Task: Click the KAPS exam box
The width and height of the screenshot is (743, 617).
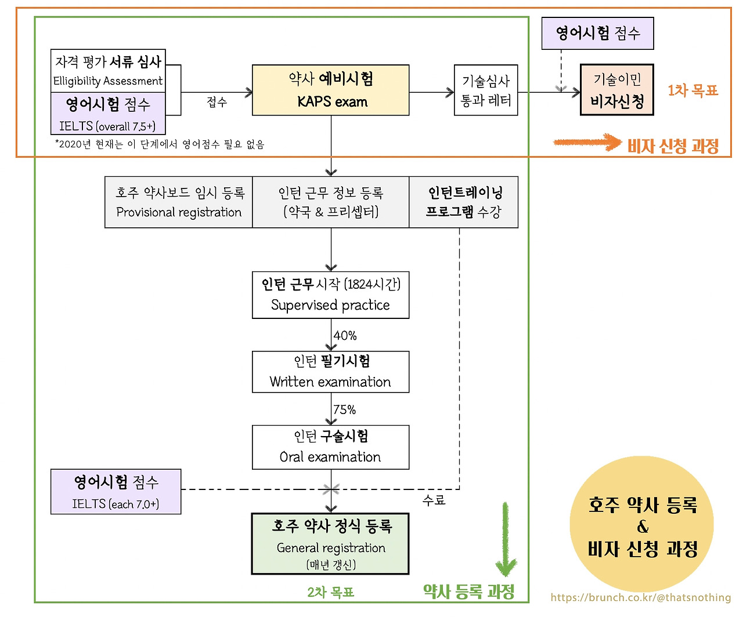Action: click(330, 90)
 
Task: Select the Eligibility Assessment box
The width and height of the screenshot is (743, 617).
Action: click(108, 70)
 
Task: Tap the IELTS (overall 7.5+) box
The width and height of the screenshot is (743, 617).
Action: click(108, 114)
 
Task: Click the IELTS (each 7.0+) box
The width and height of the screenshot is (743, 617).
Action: click(116, 492)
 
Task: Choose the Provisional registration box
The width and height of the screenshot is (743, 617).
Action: click(179, 202)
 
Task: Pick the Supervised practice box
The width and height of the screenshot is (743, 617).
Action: click(330, 295)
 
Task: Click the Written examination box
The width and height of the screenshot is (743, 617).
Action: click(330, 372)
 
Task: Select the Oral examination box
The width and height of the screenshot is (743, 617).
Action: click(330, 447)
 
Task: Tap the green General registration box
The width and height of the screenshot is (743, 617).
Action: click(330, 544)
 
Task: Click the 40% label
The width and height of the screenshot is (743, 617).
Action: click(345, 336)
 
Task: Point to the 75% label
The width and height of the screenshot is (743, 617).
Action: click(344, 410)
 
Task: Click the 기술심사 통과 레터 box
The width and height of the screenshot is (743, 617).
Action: click(486, 90)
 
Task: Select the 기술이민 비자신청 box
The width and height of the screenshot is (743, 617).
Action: click(617, 90)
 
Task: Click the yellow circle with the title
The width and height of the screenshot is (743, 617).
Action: click(642, 525)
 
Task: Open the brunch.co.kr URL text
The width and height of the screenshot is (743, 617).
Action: click(641, 597)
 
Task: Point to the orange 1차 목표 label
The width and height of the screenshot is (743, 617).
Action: click(693, 90)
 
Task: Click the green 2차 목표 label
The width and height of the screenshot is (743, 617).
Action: click(330, 592)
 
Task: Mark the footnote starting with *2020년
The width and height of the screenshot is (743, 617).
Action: click(160, 144)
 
